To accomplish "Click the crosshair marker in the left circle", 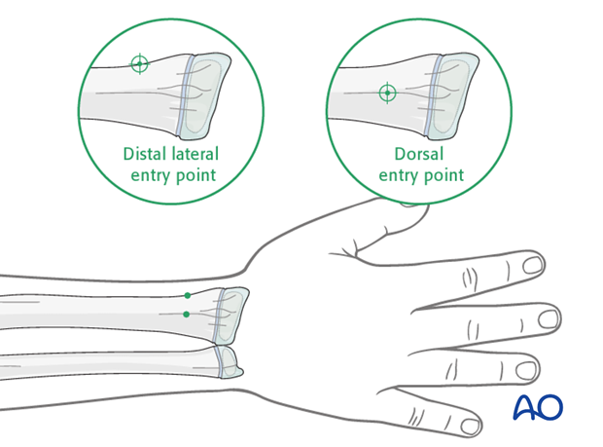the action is (x=140, y=63).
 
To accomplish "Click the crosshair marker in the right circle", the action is (x=388, y=93).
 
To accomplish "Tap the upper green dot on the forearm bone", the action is (x=188, y=296).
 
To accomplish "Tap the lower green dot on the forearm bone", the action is (x=187, y=315).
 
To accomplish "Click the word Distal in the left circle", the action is (x=145, y=154).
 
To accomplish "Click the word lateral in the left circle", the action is (x=195, y=154).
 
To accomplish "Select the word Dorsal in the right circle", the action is (x=419, y=154).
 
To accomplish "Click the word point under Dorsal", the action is (x=443, y=175).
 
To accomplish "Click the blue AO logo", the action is (x=538, y=407).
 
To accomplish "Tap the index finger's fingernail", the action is (x=533, y=265).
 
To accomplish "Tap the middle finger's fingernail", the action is (x=549, y=319).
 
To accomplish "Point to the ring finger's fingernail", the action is (x=526, y=370).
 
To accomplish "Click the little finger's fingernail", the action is (x=470, y=427).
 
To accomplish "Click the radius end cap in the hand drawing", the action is (x=232, y=316).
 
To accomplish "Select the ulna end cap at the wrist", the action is (x=230, y=362).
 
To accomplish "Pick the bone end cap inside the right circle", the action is (x=454, y=96).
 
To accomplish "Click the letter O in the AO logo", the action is (x=550, y=407).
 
